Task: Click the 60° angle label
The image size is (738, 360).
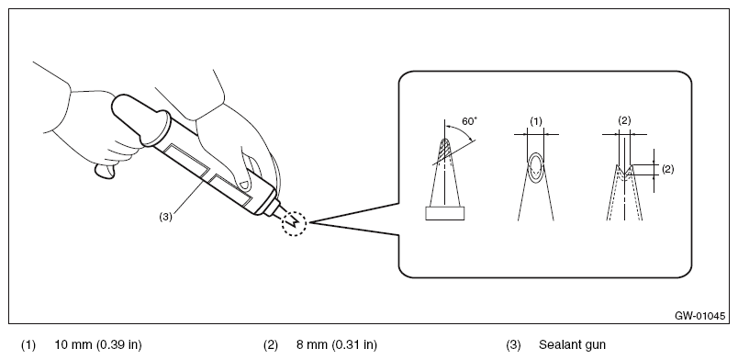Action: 469,121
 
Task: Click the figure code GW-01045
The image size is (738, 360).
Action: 699,316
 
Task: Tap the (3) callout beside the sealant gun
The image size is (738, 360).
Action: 165,217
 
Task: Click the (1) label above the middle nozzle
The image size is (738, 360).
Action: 536,121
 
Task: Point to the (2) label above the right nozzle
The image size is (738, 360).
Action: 624,120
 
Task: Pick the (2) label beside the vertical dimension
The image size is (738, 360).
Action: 667,169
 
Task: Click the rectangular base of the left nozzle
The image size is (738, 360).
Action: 445,213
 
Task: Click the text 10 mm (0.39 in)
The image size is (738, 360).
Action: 98,345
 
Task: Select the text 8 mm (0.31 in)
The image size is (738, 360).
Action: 337,345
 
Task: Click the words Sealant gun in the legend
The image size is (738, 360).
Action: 572,345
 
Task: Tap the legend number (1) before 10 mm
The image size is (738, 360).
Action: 28,345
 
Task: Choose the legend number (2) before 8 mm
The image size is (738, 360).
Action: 271,345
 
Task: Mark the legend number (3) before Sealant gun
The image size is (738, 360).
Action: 513,345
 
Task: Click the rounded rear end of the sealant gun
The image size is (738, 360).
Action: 121,106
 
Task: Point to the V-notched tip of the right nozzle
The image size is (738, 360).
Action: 624,173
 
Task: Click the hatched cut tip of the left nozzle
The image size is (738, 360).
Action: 445,150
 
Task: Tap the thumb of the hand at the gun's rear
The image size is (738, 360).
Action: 105,171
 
